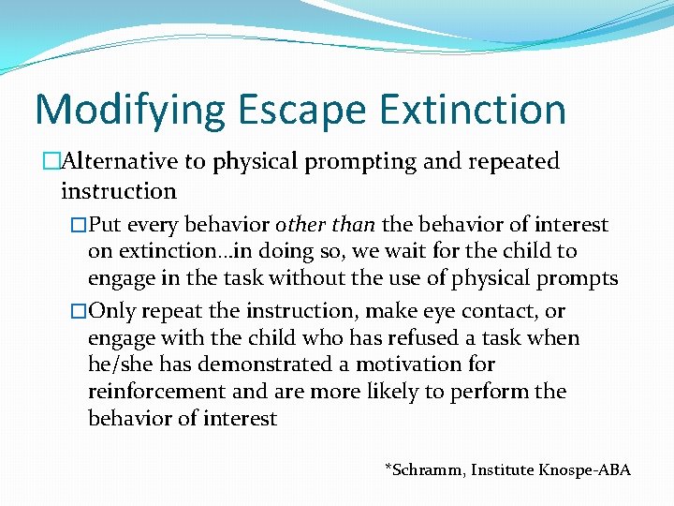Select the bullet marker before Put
click(x=80, y=225)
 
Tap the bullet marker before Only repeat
click(x=80, y=311)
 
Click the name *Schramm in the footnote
click(x=420, y=469)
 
